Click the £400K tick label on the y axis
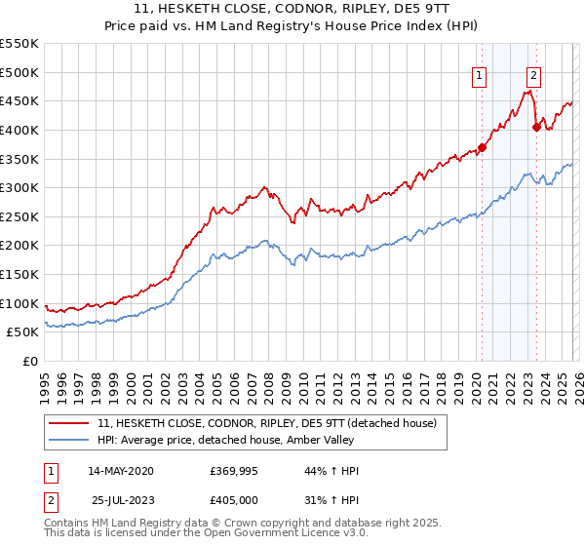(x=19, y=130)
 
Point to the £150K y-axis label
(x=19, y=275)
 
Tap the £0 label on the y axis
(x=29, y=362)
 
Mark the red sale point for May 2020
(x=482, y=147)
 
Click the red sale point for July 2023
(x=536, y=127)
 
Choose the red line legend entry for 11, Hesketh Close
(x=272, y=422)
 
